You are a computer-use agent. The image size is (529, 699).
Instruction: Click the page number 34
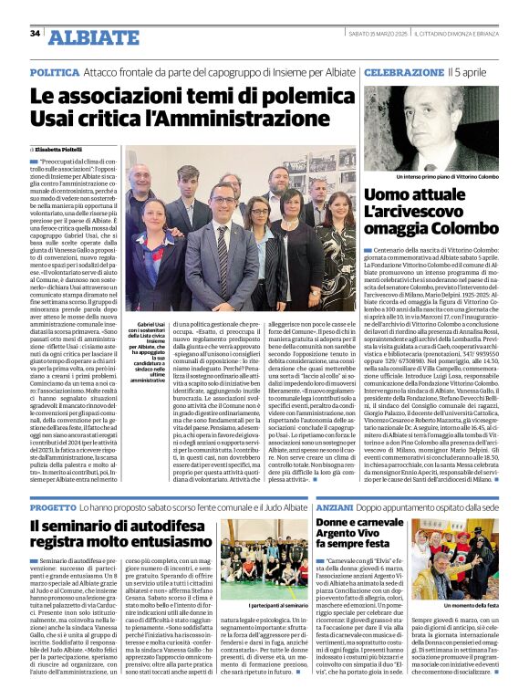pyautogui.click(x=36, y=33)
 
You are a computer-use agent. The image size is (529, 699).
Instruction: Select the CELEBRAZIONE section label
pyautogui.click(x=403, y=71)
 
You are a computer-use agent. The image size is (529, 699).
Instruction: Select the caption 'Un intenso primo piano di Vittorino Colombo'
pyautogui.click(x=436, y=175)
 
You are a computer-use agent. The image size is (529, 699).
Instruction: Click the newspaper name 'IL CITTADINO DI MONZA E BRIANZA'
pyautogui.click(x=462, y=34)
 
